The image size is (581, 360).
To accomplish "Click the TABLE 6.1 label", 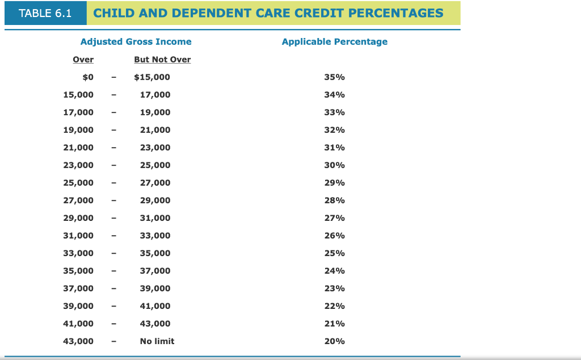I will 45,13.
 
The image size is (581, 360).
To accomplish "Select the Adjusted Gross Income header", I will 136,41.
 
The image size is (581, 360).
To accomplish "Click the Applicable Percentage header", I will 334,41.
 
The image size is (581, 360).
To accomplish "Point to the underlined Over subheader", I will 83,60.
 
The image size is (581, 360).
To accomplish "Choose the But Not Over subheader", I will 162,60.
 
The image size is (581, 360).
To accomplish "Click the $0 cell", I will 88,77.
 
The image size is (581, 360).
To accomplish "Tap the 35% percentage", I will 334,77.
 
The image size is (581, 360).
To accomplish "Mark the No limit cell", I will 157,341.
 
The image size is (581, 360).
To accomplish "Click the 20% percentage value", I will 334,341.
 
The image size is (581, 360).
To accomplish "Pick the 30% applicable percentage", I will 334,165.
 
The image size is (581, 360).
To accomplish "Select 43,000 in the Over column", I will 78,341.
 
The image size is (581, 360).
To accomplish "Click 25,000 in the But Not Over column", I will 155,165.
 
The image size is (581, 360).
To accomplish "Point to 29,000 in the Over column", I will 78,218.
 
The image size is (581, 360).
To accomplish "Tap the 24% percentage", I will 334,271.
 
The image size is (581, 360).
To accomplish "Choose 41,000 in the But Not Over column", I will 155,306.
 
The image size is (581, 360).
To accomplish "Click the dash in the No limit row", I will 114,341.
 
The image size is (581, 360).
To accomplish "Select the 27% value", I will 334,218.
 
